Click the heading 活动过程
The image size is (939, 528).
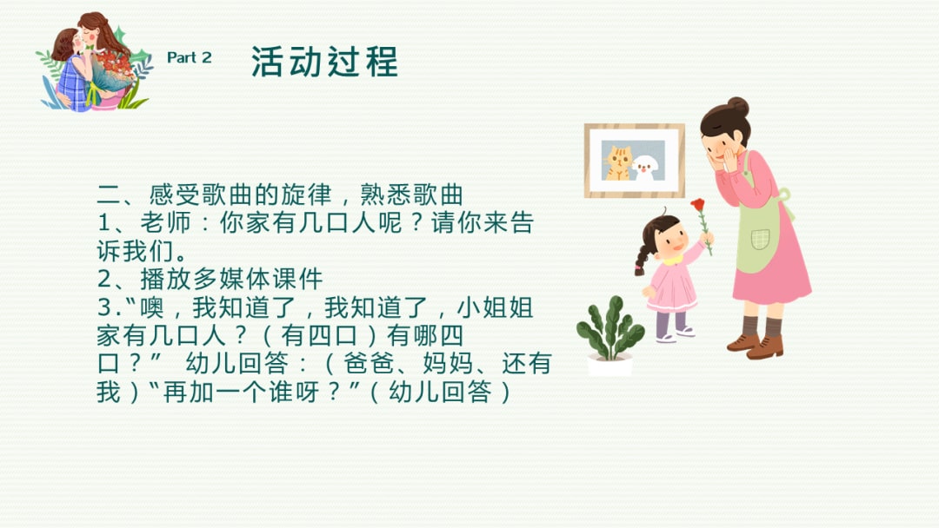click(x=324, y=62)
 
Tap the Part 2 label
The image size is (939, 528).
click(x=189, y=58)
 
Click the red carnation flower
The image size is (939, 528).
click(x=697, y=206)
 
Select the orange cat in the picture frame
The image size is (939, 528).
click(x=618, y=162)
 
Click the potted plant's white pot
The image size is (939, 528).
click(x=609, y=364)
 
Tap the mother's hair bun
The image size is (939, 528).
click(x=737, y=105)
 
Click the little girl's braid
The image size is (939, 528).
click(x=643, y=258)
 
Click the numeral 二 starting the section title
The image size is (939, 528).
click(x=107, y=195)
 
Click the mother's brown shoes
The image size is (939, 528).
click(x=755, y=343)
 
